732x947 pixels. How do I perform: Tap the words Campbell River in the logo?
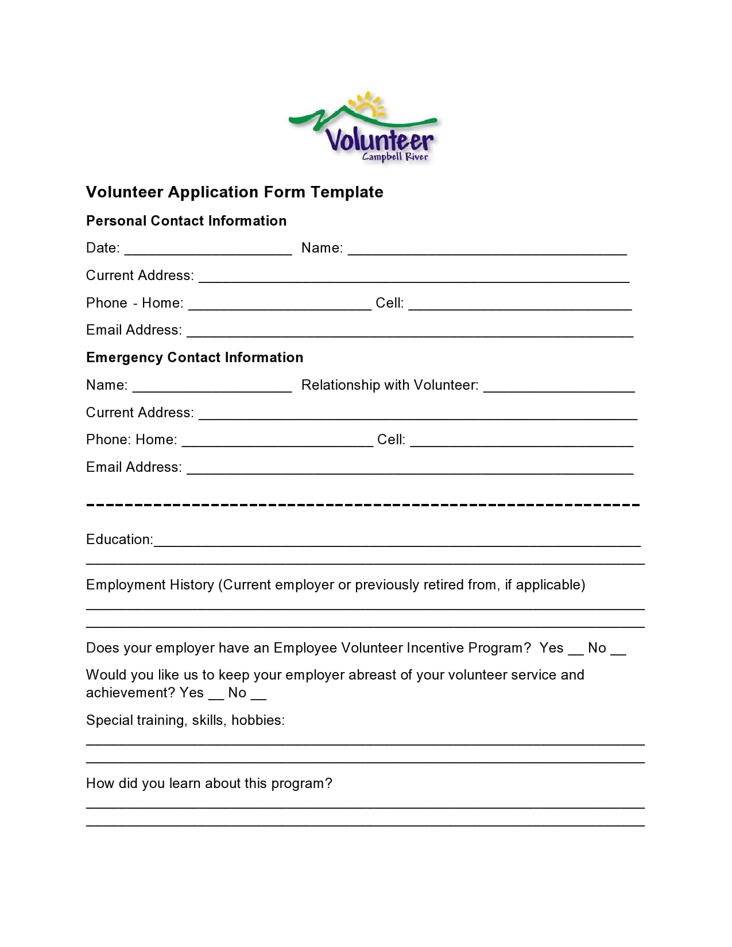coord(395,157)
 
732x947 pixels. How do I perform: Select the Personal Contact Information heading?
coord(186,221)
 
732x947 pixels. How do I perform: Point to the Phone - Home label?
coord(134,303)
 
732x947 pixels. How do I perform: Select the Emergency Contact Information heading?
coord(195,358)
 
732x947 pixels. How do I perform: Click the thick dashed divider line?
coord(362,504)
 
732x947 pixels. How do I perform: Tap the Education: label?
coord(119,540)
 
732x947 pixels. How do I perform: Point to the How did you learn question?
coord(209,783)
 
